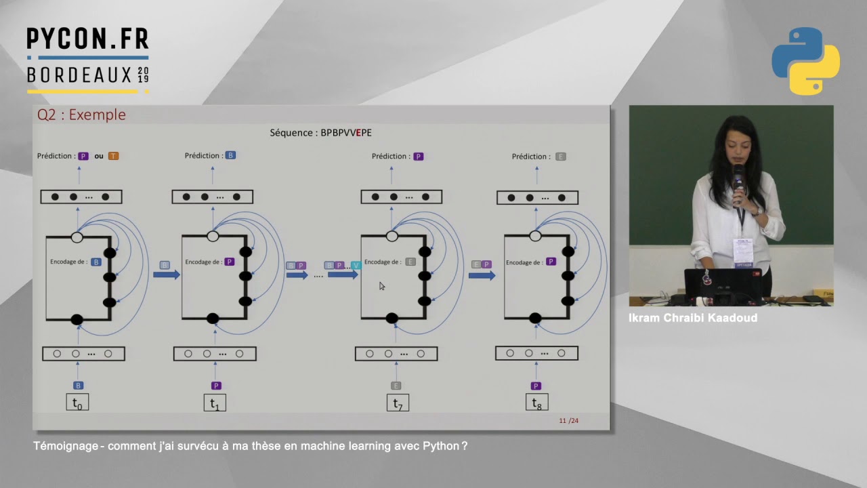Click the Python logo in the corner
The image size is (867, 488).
click(x=805, y=61)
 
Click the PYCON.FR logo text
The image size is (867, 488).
click(x=87, y=39)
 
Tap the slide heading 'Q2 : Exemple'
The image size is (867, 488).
click(x=81, y=115)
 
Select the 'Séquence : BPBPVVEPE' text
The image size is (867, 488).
click(x=320, y=133)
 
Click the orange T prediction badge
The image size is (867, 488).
click(x=113, y=156)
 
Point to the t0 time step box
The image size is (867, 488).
click(x=77, y=403)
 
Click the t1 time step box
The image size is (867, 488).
click(x=214, y=403)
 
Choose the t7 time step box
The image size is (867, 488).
click(x=398, y=403)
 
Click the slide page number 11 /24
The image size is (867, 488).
click(x=569, y=421)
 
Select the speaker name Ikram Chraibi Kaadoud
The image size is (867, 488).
click(x=692, y=318)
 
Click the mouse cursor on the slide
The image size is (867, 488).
click(x=382, y=286)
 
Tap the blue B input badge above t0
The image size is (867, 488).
click(x=78, y=386)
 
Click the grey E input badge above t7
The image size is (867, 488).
click(x=396, y=386)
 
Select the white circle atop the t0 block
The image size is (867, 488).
click(x=77, y=237)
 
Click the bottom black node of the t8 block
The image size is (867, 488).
click(x=535, y=318)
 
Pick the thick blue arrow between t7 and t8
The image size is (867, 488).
click(x=482, y=275)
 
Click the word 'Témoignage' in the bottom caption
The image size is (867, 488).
click(x=65, y=446)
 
